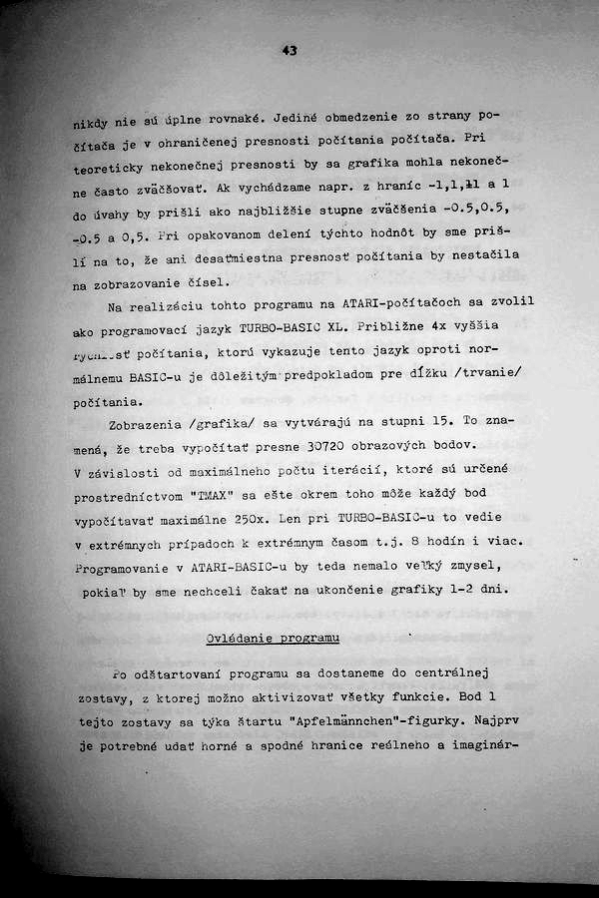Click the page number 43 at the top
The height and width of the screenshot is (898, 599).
pos(290,50)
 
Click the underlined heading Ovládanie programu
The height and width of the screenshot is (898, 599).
pos(273,637)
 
